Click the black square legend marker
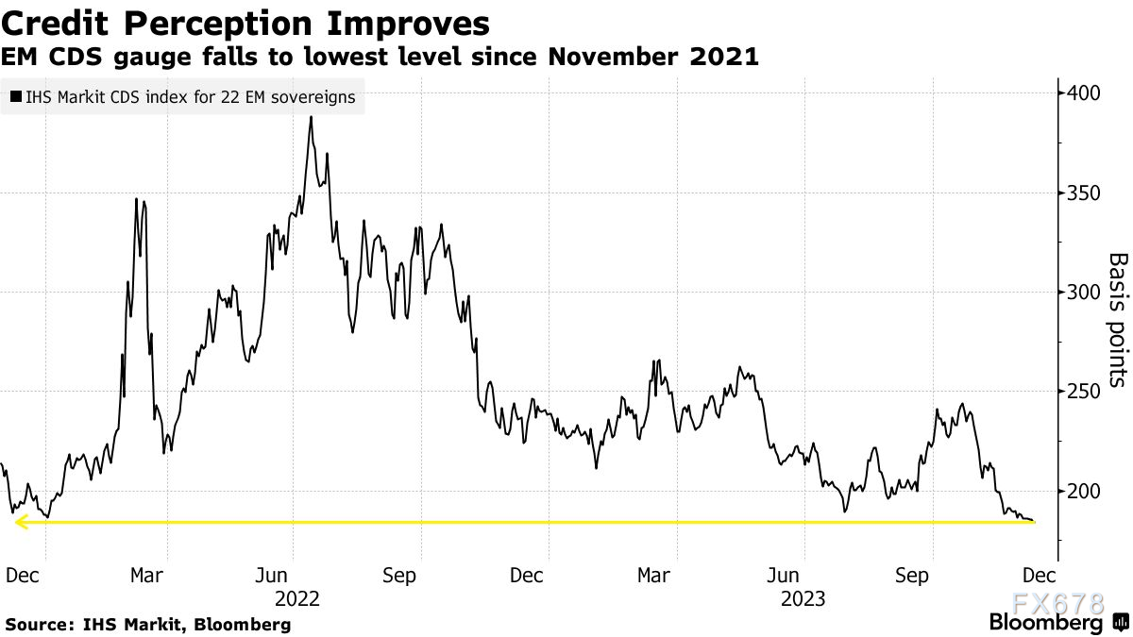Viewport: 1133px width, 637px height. [16, 96]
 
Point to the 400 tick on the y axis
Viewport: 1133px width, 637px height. [1084, 92]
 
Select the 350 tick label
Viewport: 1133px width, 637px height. [1084, 193]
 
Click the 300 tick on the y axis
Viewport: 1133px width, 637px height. [1084, 292]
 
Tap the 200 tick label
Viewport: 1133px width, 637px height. [1084, 491]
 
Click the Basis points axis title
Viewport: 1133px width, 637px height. [1117, 319]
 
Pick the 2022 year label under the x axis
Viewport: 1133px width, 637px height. [297, 598]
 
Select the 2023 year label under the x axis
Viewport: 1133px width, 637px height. [803, 598]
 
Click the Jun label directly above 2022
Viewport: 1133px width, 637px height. [273, 575]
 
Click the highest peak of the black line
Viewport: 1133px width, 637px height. [310, 119]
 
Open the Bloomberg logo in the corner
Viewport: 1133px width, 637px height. [1046, 623]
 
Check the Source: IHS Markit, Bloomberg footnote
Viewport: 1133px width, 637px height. [148, 625]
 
